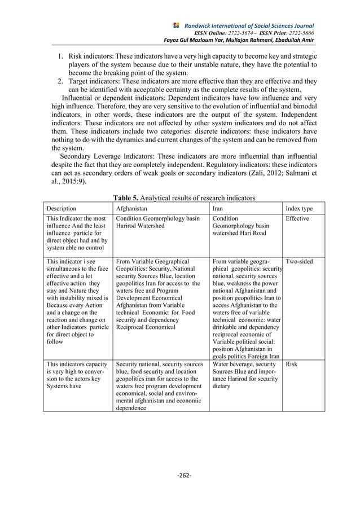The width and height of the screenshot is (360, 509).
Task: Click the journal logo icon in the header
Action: [x=176, y=25]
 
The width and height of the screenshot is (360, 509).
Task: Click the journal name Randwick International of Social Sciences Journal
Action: [x=249, y=26]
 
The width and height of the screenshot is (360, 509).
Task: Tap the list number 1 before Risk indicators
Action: [x=60, y=57]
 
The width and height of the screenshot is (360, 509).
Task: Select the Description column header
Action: [x=64, y=209]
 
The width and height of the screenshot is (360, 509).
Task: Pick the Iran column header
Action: [x=219, y=209]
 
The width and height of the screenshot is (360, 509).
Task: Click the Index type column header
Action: [x=299, y=209]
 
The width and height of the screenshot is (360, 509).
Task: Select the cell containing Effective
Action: [x=297, y=218]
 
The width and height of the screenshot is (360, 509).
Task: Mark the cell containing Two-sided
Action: [x=299, y=262]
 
